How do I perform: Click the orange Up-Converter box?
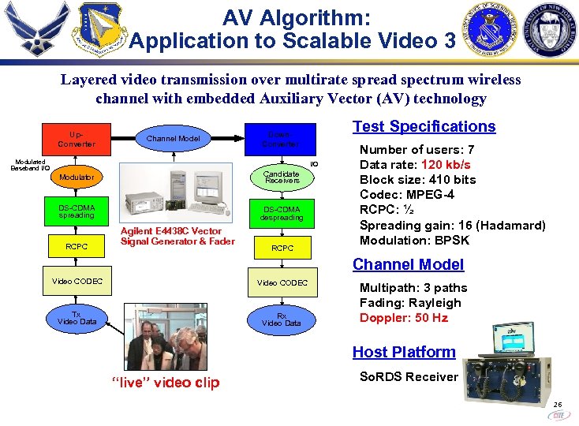coord(77,139)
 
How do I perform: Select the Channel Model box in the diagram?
coord(174,139)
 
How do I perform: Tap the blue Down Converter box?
coord(282,139)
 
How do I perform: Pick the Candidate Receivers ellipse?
coord(282,177)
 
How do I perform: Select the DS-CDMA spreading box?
coord(77,211)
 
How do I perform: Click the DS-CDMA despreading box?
coord(282,213)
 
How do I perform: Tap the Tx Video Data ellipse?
coord(77,318)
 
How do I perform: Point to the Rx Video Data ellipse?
coord(282,319)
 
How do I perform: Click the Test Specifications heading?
coord(424,126)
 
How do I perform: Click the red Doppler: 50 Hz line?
coord(403,318)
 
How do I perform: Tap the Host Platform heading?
coord(404,352)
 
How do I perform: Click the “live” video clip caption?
coord(166,383)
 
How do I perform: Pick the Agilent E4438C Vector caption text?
coord(171,231)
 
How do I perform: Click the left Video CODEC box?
coord(77,281)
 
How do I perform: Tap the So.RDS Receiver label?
coord(409,376)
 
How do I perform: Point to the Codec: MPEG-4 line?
coord(406,195)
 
